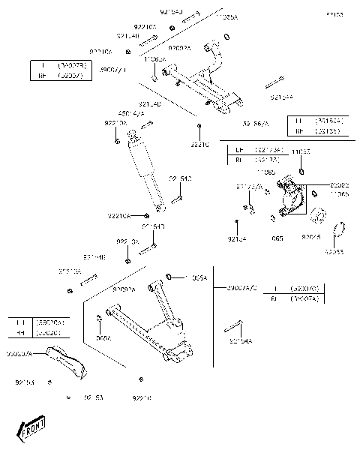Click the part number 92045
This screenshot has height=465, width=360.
[x=311, y=237]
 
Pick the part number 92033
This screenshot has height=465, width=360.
[x=334, y=252]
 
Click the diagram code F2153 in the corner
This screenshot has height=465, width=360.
[x=334, y=15]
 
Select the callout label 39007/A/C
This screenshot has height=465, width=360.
[x=242, y=287]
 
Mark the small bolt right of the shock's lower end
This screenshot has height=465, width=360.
[x=177, y=199]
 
